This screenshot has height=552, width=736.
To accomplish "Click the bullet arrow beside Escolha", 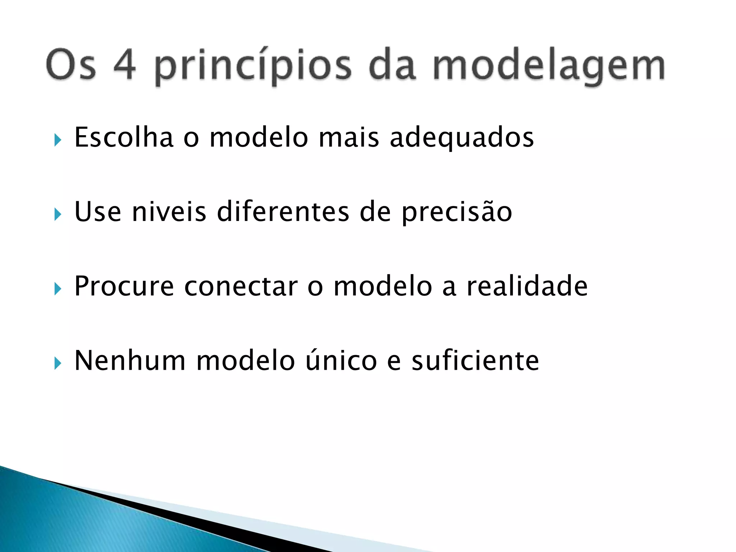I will (57, 140).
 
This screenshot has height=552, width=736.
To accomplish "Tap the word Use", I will (98, 212).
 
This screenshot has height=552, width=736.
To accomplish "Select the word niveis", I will (169, 212).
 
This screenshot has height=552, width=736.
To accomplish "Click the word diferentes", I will (283, 212).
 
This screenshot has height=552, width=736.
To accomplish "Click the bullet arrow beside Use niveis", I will (57, 215).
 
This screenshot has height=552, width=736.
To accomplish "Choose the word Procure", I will (124, 286).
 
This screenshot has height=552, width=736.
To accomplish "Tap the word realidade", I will (527, 286).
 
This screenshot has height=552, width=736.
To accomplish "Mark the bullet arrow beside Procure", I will (57, 289).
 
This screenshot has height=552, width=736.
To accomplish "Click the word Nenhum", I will (130, 360).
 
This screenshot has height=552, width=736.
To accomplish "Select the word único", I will (341, 360).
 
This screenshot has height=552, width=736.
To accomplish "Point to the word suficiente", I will (475, 360).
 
